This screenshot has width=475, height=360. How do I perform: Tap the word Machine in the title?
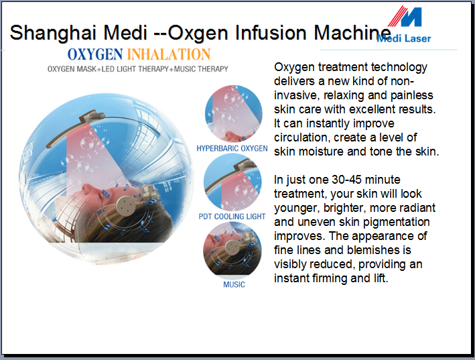point(352,32)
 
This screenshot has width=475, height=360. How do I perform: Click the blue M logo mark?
point(405,17)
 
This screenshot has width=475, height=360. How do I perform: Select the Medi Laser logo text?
point(403,38)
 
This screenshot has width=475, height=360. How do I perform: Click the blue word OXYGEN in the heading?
point(95,54)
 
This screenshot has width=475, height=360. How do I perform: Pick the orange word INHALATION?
point(168,54)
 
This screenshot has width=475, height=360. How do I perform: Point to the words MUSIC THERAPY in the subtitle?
point(201,69)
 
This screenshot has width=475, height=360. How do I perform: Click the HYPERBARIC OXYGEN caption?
point(232,148)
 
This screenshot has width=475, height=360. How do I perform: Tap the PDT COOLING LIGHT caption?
point(232,217)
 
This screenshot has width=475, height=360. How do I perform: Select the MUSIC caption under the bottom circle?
point(234,284)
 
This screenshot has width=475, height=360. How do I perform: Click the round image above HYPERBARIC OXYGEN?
point(234,114)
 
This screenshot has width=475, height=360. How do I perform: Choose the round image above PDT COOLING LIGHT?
point(232,182)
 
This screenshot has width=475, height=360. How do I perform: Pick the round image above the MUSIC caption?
point(232,250)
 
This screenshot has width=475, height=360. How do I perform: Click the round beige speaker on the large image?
point(127,206)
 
